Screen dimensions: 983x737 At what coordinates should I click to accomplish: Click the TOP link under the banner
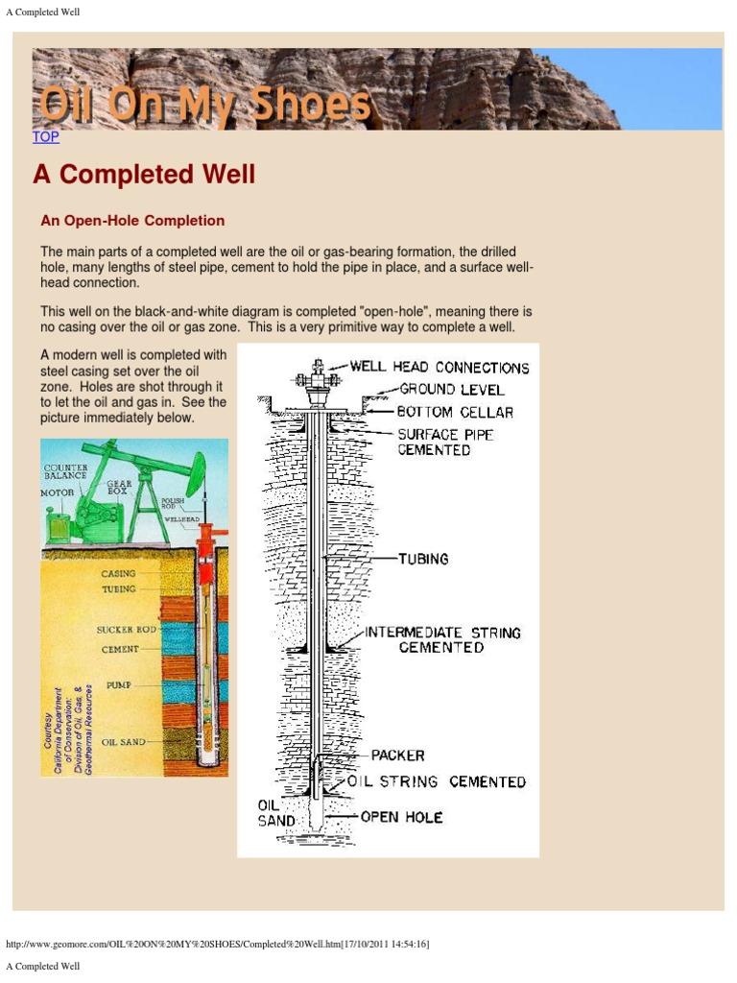[46, 137]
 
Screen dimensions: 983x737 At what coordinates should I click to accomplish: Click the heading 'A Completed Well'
[144, 175]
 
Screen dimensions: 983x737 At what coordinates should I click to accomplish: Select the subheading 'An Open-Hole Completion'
[132, 221]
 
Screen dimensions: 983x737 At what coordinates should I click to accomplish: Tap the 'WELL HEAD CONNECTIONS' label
[439, 368]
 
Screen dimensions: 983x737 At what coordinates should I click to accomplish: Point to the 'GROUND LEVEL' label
[451, 390]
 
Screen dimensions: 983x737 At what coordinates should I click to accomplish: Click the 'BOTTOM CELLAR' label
[455, 412]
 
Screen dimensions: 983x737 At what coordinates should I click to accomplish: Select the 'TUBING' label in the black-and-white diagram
[423, 559]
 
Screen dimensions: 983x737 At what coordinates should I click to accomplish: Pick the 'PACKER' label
[397, 755]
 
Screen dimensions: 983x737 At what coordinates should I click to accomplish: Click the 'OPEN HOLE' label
[401, 817]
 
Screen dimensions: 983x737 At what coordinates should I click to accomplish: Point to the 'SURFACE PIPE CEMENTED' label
[446, 443]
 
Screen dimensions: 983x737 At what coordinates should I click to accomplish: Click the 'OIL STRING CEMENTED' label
[437, 782]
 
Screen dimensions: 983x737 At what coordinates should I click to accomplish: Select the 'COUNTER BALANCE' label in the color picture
[65, 472]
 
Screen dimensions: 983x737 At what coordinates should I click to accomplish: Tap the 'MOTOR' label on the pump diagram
[57, 492]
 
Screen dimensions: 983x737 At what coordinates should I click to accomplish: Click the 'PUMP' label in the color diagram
[119, 685]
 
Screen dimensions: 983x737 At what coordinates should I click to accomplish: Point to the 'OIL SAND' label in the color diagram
[123, 742]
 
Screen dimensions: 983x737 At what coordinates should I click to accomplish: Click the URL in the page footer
[217, 945]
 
